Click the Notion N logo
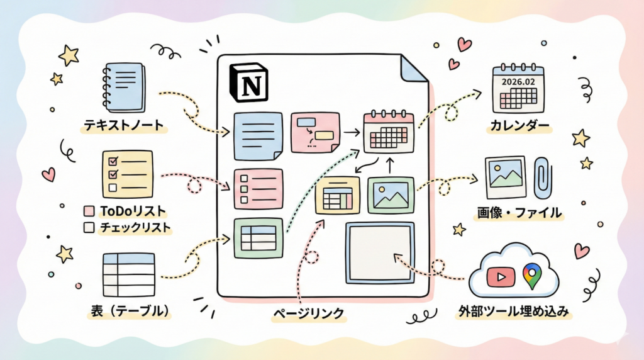tap(249, 82)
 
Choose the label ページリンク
tap(310, 312)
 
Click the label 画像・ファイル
tap(518, 213)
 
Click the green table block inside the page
tap(258, 237)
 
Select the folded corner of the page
tap(414, 69)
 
